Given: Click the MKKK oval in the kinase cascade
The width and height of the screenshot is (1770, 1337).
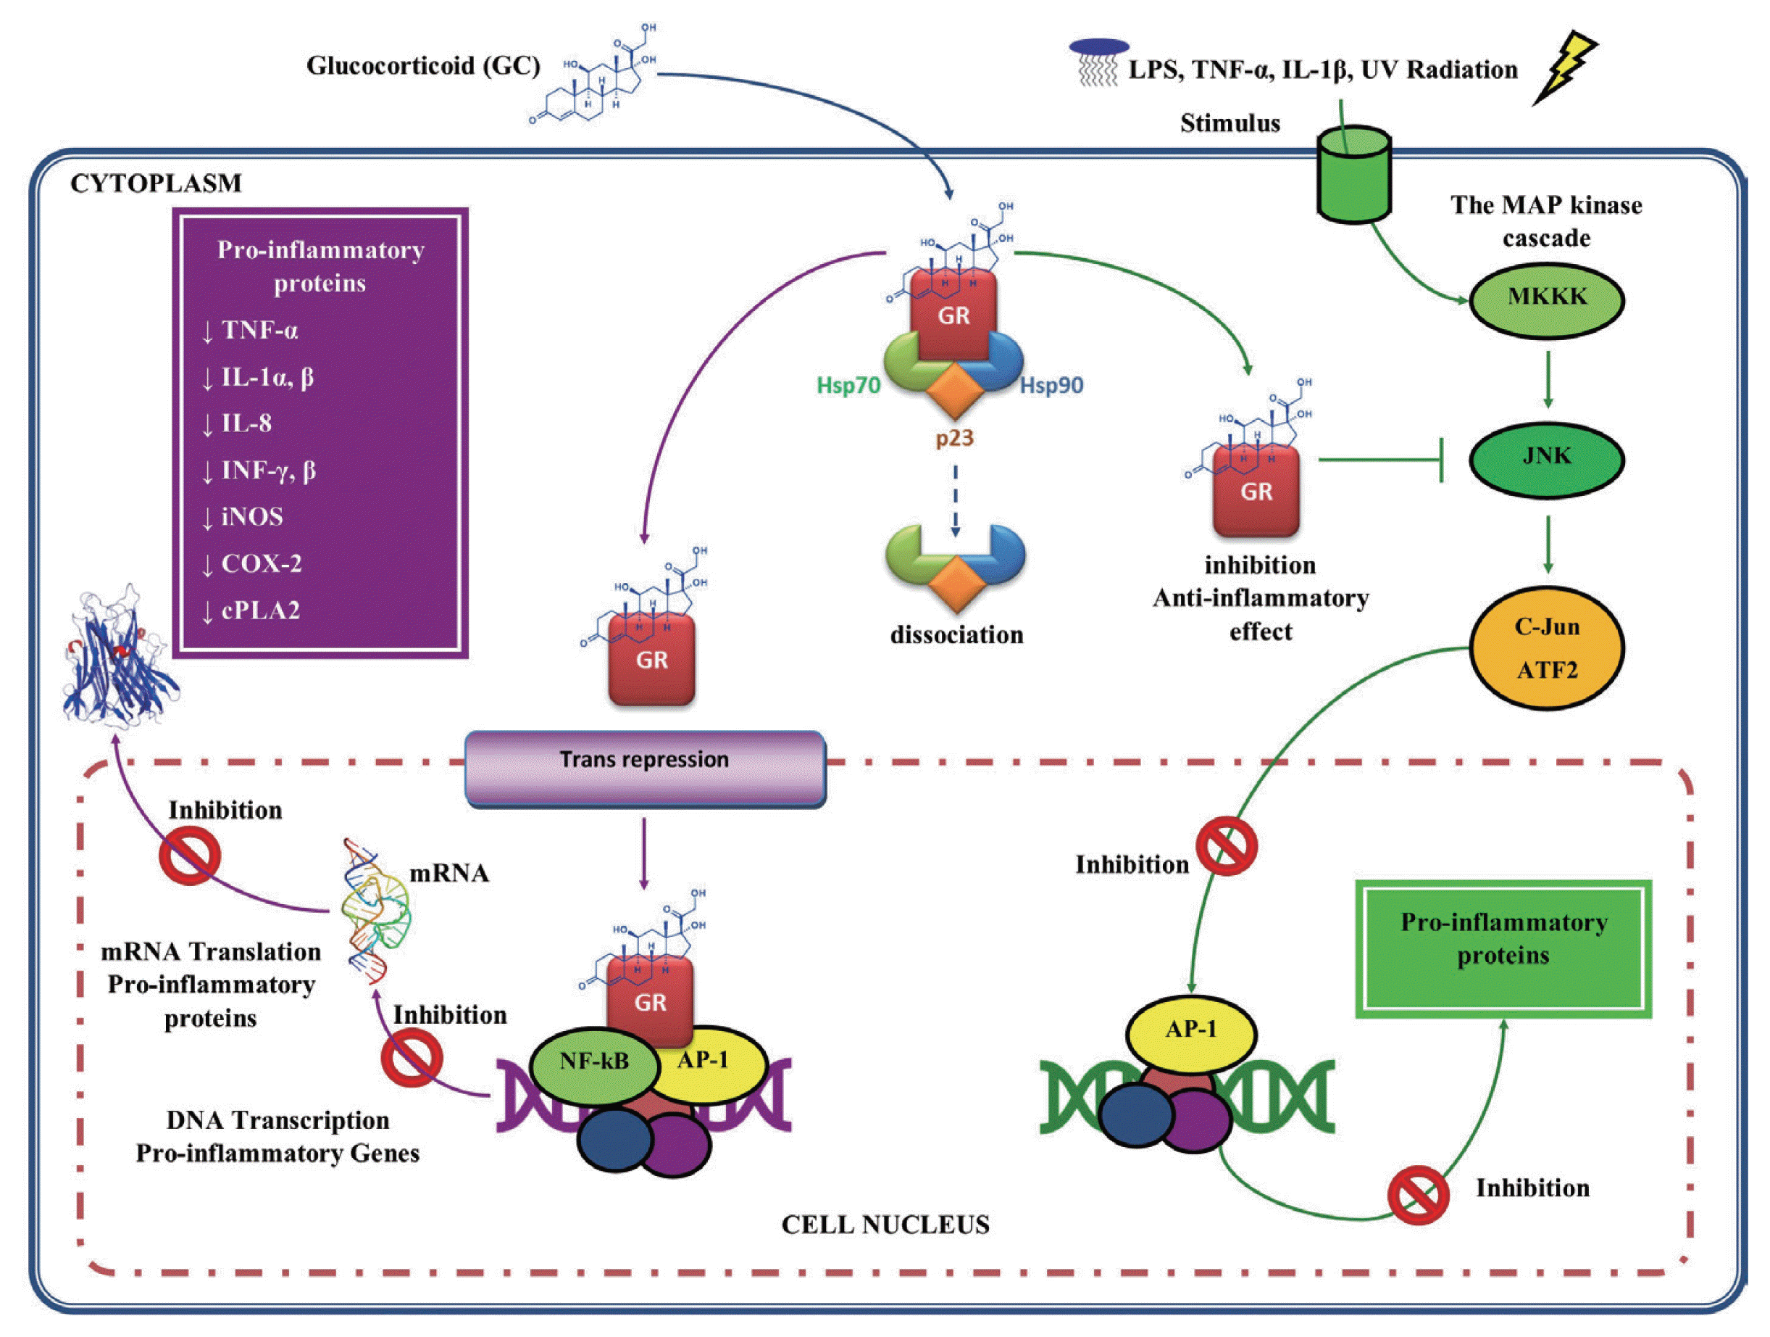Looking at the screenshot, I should click(x=1546, y=298).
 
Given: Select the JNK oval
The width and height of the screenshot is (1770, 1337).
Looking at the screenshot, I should click(x=1546, y=458).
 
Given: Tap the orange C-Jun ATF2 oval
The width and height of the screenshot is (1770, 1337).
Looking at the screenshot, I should click(x=1546, y=647).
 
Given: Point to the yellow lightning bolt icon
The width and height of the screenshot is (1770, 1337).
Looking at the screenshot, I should click(x=1564, y=68).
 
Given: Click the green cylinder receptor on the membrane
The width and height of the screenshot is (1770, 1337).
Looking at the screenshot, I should click(x=1354, y=174).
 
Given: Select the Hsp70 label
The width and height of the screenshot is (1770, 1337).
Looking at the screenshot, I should click(x=848, y=386).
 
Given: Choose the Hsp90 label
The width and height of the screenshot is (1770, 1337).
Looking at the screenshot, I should click(x=1051, y=386).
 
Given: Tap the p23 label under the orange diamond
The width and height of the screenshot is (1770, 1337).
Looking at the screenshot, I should click(x=955, y=438).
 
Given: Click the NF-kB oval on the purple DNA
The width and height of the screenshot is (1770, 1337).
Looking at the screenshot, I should click(x=593, y=1062).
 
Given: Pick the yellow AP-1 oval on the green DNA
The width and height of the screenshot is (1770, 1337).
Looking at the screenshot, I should click(x=1190, y=1030).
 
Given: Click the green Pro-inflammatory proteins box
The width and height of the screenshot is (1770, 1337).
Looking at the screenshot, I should click(x=1503, y=948).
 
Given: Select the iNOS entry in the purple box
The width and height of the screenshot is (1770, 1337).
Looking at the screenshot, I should click(x=251, y=516).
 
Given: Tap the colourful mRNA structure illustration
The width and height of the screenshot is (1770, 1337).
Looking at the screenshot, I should click(x=373, y=913).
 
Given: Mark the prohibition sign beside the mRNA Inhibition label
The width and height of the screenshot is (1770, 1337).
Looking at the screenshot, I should click(x=190, y=855).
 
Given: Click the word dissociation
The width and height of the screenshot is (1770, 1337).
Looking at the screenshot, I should click(x=956, y=635).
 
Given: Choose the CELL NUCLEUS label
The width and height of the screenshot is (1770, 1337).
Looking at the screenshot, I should click(x=885, y=1224).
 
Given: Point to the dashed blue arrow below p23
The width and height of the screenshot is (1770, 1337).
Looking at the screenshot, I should click(x=955, y=500).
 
